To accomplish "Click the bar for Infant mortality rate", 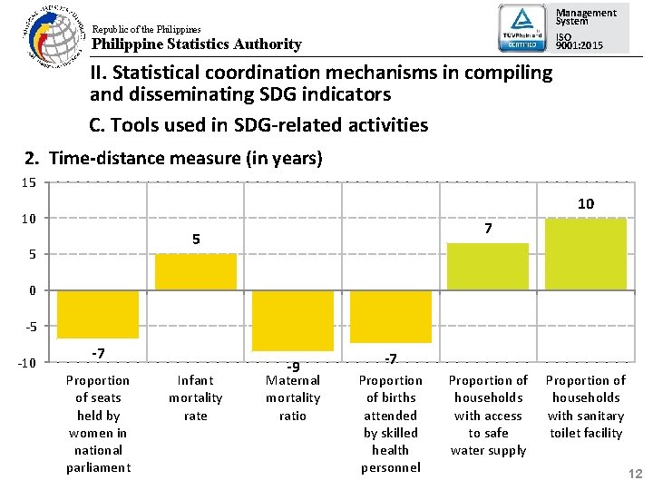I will [x=196, y=271].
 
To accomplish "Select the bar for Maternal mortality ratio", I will [x=293, y=320].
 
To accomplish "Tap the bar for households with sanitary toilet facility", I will [x=585, y=254].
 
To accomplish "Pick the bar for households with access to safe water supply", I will [x=488, y=267].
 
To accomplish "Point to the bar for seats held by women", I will [x=98, y=314].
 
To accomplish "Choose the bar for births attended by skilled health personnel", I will [x=390, y=317].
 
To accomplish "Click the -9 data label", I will [x=292, y=367].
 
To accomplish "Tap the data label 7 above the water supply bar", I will [x=488, y=230].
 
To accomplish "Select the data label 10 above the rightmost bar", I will [x=586, y=203].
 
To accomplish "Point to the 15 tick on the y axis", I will [x=28, y=182].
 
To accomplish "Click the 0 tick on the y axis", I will [x=32, y=290].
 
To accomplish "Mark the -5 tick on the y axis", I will [x=29, y=327].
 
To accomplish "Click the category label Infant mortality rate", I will [x=196, y=397].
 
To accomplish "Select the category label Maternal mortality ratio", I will [x=293, y=397].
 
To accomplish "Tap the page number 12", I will [x=635, y=474].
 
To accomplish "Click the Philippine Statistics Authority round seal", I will [x=51, y=36].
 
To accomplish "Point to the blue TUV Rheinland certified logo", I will [x=523, y=28].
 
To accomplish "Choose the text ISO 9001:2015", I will [x=580, y=40].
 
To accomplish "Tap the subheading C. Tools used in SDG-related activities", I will [x=258, y=125].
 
